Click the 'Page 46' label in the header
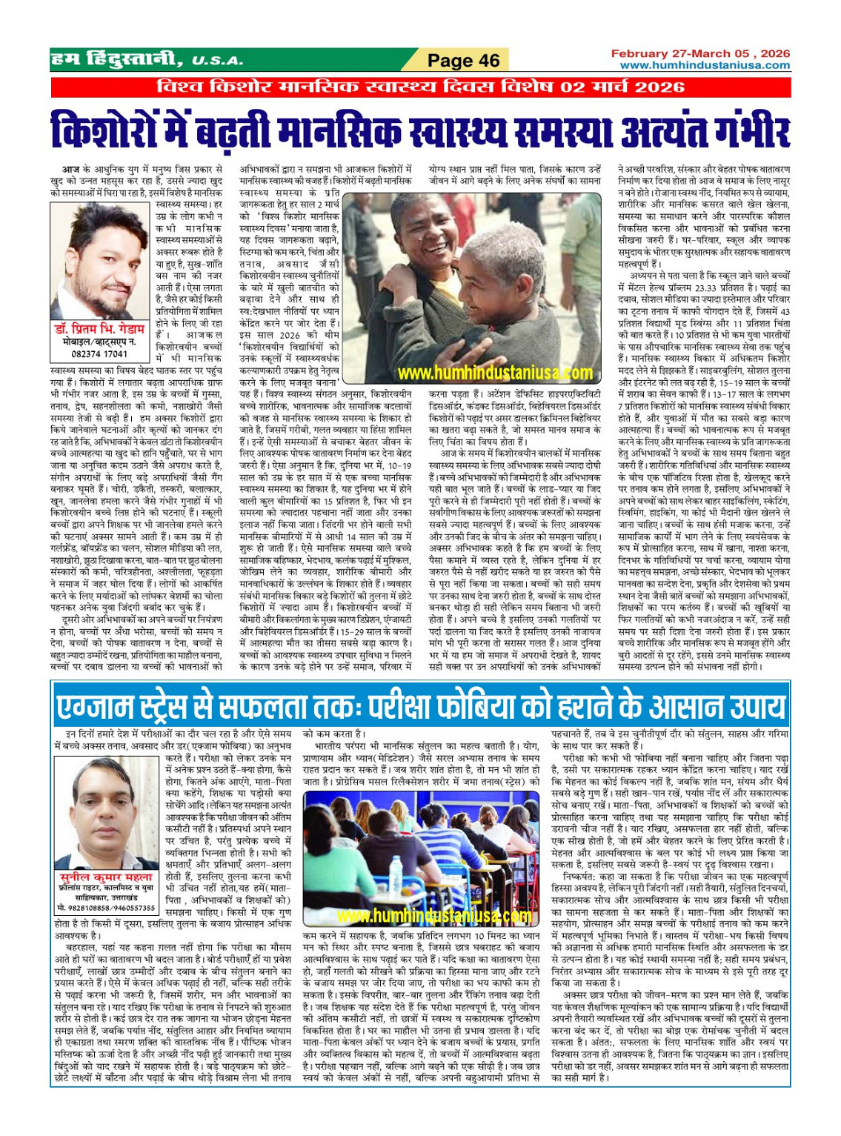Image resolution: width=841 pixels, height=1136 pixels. (464, 61)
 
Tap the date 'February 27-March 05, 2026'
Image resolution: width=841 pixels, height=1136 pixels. (700, 53)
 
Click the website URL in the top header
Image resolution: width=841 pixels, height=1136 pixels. (705, 65)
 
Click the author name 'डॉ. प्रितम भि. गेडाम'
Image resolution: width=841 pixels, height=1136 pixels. (100, 329)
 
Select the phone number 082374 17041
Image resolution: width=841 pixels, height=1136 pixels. (99, 354)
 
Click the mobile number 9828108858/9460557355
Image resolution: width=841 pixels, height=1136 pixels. (105, 907)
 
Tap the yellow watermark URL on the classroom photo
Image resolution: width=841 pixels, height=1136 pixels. (422, 915)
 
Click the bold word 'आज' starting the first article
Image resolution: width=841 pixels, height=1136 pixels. (70, 170)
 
